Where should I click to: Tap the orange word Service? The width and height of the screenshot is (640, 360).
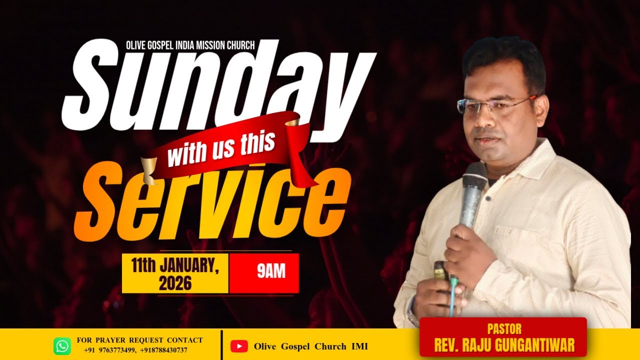[x=210, y=200]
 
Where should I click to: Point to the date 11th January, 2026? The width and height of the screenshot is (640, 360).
[x=175, y=273]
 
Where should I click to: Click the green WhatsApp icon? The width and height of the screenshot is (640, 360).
[x=62, y=346]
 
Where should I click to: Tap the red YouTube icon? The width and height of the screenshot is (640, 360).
[x=239, y=346]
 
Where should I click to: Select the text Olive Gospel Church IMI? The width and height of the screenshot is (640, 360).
[x=310, y=346]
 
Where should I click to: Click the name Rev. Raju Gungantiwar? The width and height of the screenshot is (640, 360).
[x=504, y=345]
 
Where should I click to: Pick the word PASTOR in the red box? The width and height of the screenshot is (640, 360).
[x=504, y=329]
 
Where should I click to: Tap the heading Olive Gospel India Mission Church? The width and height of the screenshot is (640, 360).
[x=190, y=45]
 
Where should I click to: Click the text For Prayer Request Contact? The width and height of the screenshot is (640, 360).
[x=139, y=340]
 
